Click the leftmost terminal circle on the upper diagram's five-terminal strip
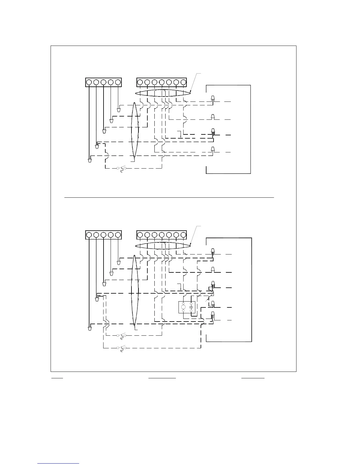point(89,82)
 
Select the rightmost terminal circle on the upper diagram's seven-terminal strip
point(184,82)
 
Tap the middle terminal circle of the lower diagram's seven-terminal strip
point(161,235)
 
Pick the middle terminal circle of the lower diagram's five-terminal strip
point(103,235)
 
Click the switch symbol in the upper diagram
point(122,169)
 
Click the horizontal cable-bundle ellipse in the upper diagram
point(163,93)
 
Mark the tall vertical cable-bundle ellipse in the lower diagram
point(134,290)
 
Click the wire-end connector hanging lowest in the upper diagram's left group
point(89,161)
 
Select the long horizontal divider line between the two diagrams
point(169,198)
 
